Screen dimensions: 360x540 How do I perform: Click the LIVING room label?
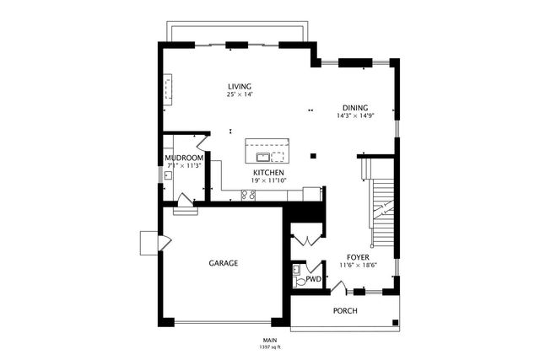click(240, 86)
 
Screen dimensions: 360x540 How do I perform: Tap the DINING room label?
click(354, 107)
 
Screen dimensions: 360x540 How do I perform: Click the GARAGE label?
click(223, 263)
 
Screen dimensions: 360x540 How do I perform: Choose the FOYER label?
click(359, 256)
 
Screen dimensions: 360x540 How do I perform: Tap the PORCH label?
click(345, 310)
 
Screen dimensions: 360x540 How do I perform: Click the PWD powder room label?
click(313, 279)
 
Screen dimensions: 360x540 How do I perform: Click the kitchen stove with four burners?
click(249, 196)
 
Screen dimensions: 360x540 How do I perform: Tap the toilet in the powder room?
click(296, 271)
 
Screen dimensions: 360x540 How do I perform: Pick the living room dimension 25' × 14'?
click(240, 94)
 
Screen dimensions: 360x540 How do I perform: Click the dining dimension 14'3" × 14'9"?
click(354, 116)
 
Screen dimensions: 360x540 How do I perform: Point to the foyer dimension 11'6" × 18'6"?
click(359, 265)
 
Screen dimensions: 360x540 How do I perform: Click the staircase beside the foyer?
click(384, 211)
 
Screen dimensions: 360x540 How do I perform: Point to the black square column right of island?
click(314, 155)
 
